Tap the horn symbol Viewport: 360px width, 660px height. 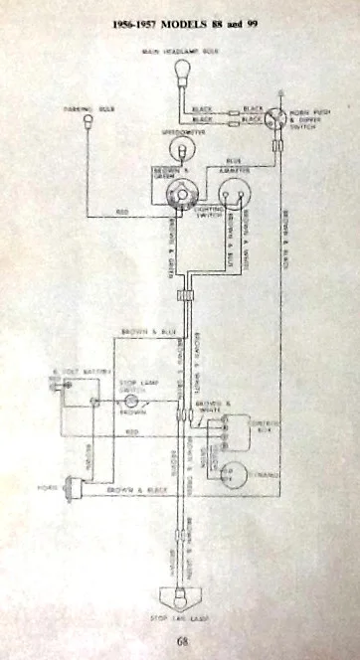(71, 488)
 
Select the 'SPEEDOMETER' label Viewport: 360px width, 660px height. (181, 129)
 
